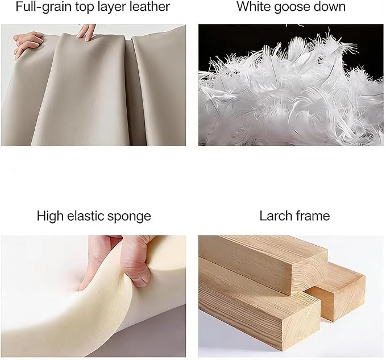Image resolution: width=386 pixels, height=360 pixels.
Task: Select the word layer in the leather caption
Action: click(x=109, y=7)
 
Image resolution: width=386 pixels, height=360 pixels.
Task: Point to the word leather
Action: click(x=147, y=6)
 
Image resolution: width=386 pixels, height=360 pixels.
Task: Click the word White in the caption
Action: click(x=254, y=6)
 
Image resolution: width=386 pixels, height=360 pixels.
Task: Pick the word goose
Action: click(x=292, y=7)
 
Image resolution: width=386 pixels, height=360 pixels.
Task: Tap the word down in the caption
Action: click(x=330, y=6)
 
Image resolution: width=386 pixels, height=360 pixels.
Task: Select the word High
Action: click(x=51, y=217)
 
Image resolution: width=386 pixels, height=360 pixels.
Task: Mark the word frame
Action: click(x=313, y=216)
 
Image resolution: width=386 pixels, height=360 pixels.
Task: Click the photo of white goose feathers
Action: click(x=291, y=85)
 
